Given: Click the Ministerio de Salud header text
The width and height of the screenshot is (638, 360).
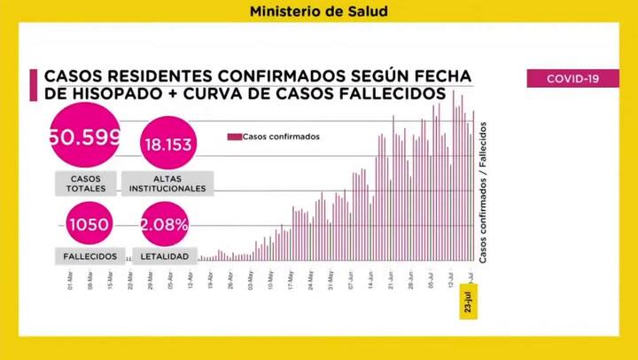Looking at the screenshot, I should (x=318, y=12).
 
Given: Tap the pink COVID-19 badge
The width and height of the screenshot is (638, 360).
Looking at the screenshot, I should (x=572, y=79).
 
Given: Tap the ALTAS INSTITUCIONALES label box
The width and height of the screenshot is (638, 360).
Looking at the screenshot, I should (x=167, y=184).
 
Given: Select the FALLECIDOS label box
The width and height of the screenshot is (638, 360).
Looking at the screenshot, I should (x=90, y=256).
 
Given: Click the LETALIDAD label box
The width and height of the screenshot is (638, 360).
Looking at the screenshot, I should (x=166, y=256).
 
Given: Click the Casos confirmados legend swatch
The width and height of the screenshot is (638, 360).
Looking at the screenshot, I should (x=234, y=137).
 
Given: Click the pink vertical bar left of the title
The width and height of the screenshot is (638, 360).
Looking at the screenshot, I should (x=34, y=86).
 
